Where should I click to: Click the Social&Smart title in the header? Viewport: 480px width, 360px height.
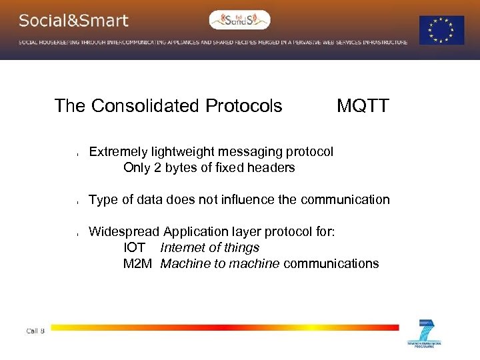pos(73,21)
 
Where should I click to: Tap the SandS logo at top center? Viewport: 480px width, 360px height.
pos(240,20)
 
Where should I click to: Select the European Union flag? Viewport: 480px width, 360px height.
pos(441,30)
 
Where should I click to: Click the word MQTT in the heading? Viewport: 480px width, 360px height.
pos(363,106)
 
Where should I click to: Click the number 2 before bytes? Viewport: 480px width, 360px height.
pos(157,168)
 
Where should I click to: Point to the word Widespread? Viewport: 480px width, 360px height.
pos(124,232)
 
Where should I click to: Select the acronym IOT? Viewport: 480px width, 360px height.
pos(135,248)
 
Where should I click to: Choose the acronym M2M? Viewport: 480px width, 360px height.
pos(138,264)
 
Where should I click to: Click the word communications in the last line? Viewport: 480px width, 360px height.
pos(331,264)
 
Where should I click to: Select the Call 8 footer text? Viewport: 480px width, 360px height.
pos(35,331)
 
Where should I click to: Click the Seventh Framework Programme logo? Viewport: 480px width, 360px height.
pos(425,333)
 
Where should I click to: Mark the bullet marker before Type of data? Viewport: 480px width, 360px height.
pos(78,201)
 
